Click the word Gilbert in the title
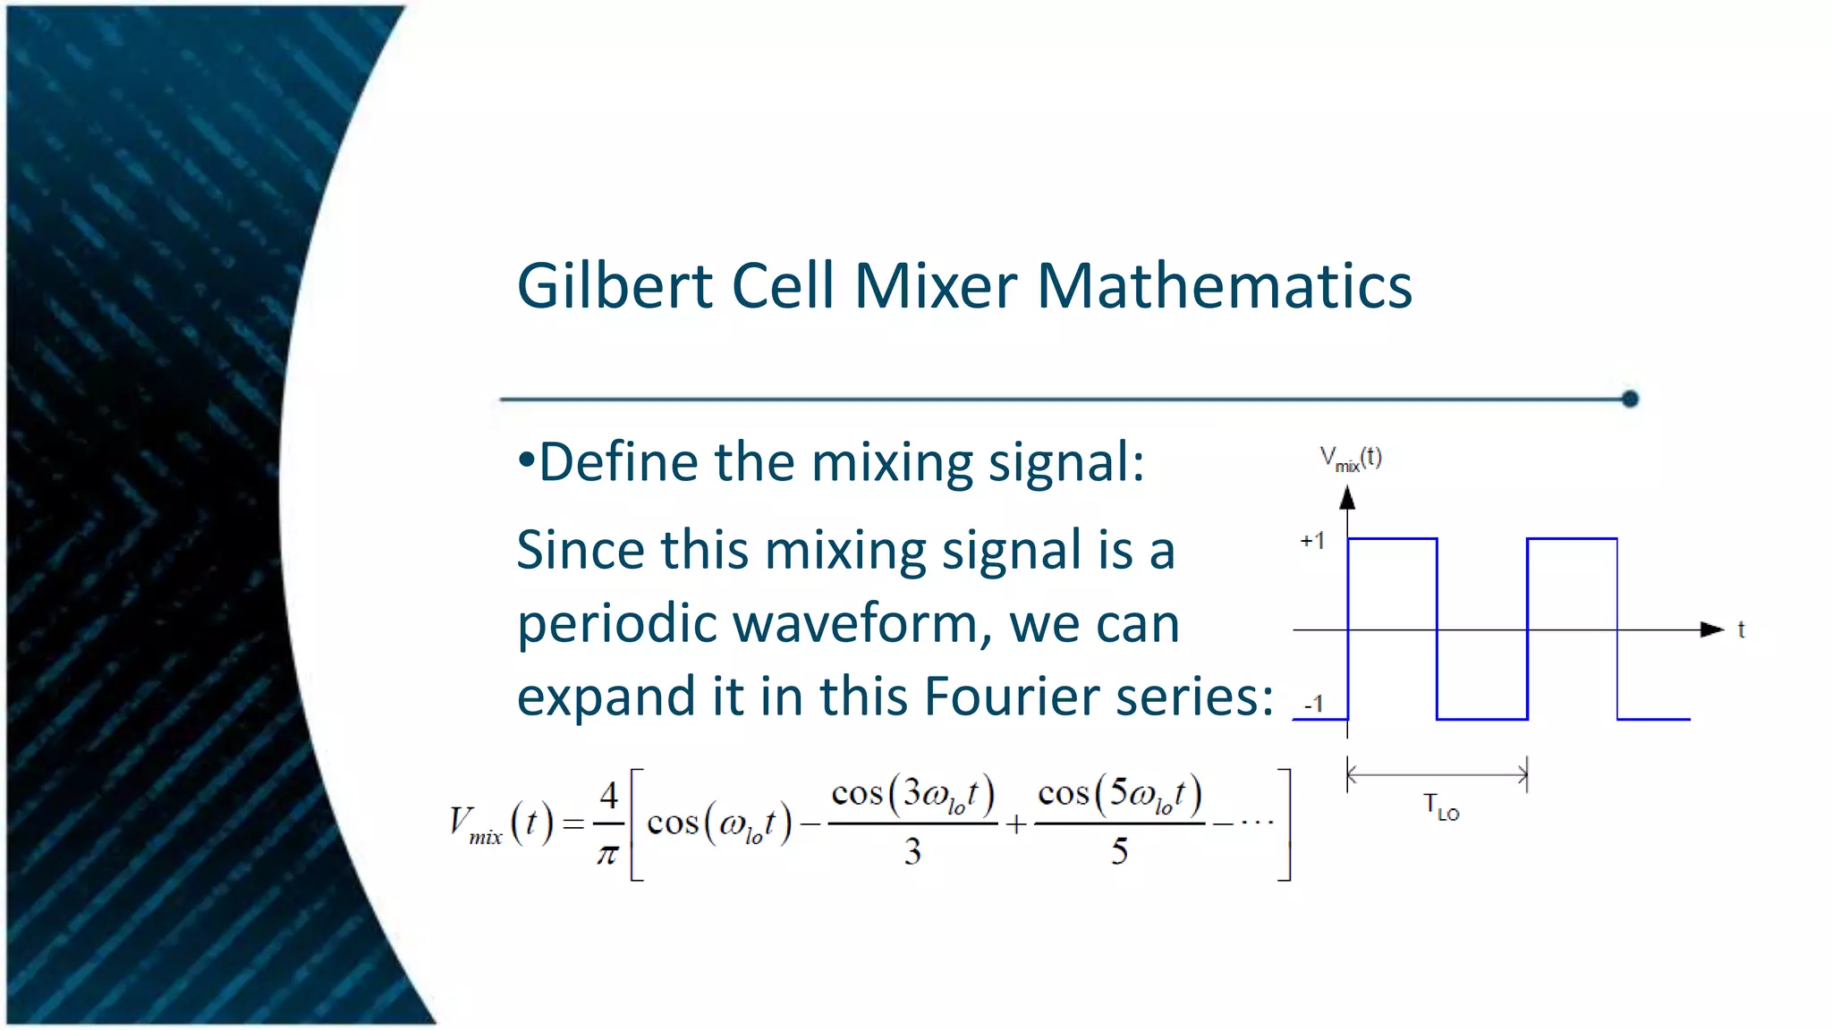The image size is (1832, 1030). coord(615,286)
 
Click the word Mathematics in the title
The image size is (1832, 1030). coord(1224,286)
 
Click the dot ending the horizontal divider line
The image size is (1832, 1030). coord(1630,399)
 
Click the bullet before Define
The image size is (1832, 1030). coord(526,461)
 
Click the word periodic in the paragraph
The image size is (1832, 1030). coord(616,623)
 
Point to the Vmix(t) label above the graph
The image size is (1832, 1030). coord(1351,459)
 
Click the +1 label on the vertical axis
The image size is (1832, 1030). coord(1311,541)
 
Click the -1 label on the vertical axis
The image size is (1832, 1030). coord(1313,705)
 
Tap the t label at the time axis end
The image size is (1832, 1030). coord(1741,629)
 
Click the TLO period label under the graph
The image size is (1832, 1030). coord(1440,807)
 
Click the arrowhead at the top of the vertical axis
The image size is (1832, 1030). coord(1347,498)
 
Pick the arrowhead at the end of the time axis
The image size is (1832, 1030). coord(1711,629)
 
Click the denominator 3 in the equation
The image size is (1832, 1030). coord(912,851)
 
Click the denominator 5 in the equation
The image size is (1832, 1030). coord(1119,851)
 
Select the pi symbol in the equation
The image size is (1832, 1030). coord(607,854)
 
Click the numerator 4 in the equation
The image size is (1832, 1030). coord(608,795)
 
